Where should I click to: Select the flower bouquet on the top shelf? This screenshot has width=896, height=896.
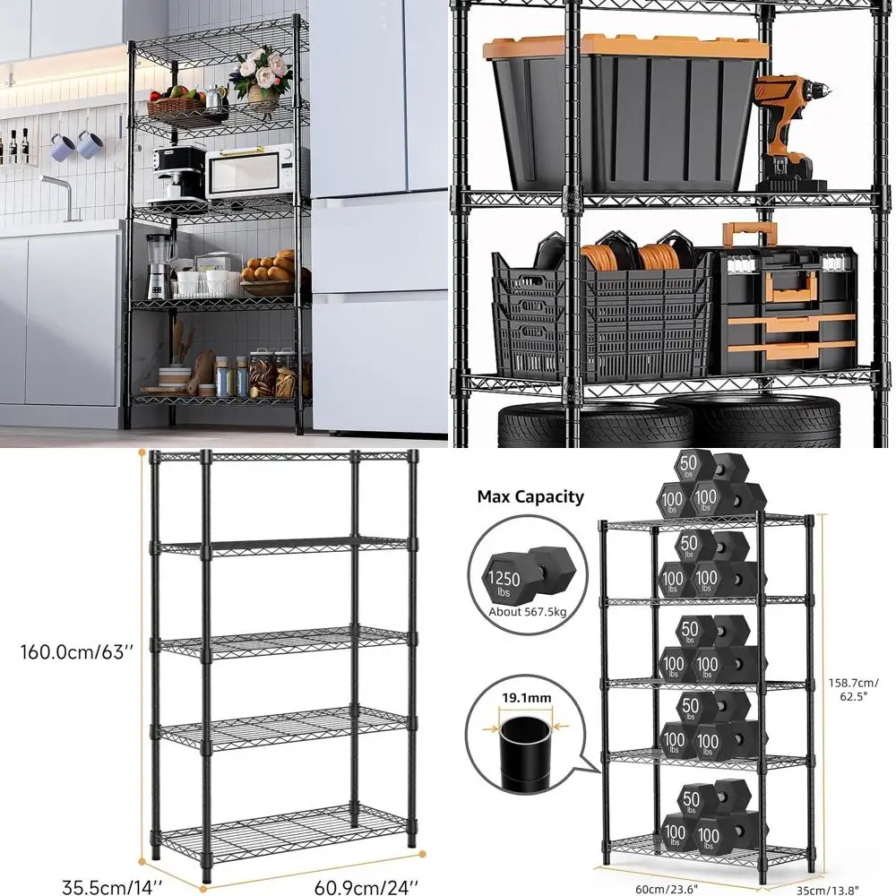pyautogui.click(x=260, y=75)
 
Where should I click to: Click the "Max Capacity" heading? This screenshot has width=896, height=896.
pyautogui.click(x=530, y=496)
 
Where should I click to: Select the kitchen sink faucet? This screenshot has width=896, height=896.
pyautogui.click(x=58, y=187)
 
